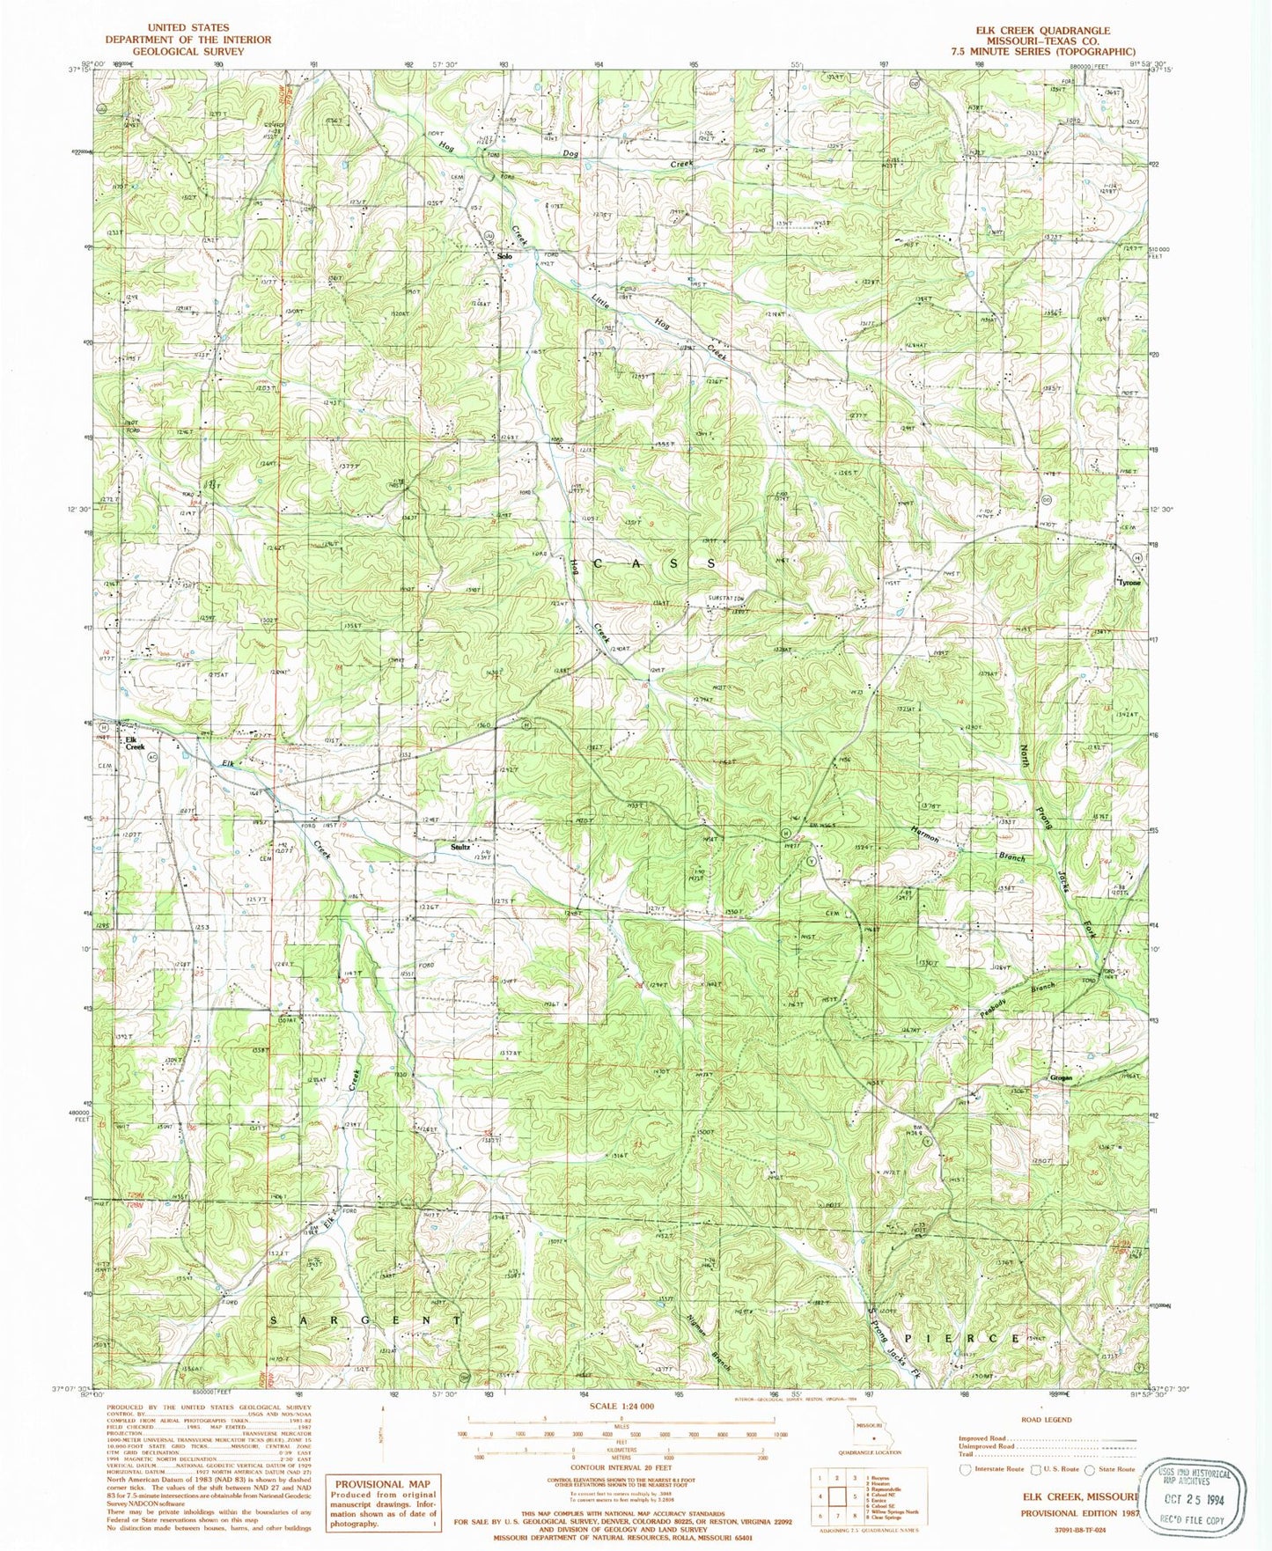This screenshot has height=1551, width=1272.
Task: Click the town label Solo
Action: coord(504,257)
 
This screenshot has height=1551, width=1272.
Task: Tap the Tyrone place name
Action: coord(1129,583)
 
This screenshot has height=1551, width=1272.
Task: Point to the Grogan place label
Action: coord(1061,1078)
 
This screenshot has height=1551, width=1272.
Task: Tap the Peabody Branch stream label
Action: coord(1025,1000)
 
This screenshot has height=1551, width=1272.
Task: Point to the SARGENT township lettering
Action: coord(364,1320)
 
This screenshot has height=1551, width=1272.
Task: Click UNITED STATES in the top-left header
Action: coord(188,28)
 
